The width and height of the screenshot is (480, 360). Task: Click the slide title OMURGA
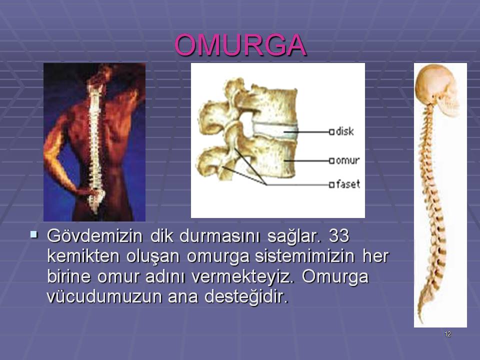(x=240, y=45)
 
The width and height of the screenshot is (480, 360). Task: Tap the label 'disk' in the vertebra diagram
(x=344, y=131)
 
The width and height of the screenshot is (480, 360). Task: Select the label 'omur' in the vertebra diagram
(x=348, y=160)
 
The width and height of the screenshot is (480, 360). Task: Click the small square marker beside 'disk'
(x=331, y=132)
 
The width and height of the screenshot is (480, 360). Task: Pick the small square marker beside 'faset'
(x=331, y=185)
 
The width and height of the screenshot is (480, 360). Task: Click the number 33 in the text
(x=339, y=235)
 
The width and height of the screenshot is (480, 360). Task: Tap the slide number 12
(x=447, y=334)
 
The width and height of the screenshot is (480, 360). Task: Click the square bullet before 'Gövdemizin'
(x=33, y=235)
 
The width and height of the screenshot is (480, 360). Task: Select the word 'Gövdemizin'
(x=95, y=236)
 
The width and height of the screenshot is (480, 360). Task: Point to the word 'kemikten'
(x=83, y=256)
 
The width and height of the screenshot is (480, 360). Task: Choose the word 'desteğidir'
(x=246, y=297)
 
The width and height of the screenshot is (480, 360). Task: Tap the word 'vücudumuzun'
(x=104, y=296)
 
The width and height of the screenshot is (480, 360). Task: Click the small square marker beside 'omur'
(x=331, y=160)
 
